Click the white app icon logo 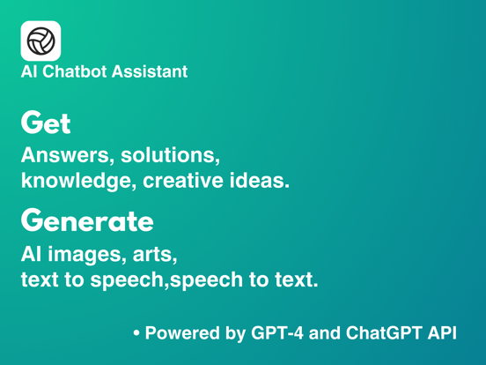pos(40,41)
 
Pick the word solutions pos(166,156)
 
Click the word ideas pos(255,182)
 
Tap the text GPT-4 pos(281,334)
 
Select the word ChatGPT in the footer pos(385,334)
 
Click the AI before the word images pos(31,255)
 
